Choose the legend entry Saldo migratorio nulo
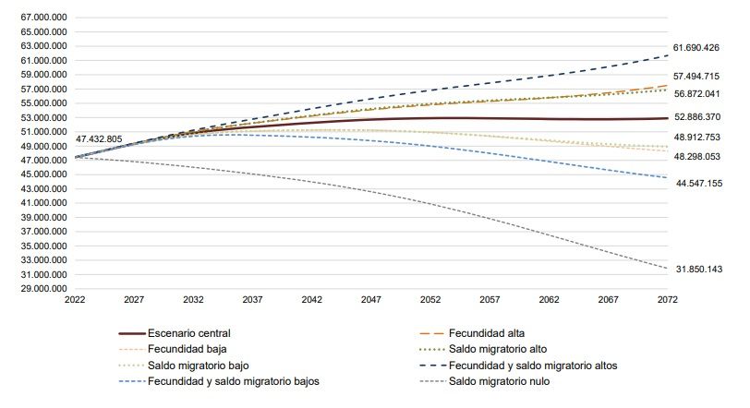[x=503, y=382]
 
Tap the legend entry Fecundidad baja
[x=187, y=349]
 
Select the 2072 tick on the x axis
[x=669, y=300]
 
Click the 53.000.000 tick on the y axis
[x=40, y=117]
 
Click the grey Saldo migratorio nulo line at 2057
[x=490, y=218]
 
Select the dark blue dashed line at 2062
[x=550, y=76]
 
